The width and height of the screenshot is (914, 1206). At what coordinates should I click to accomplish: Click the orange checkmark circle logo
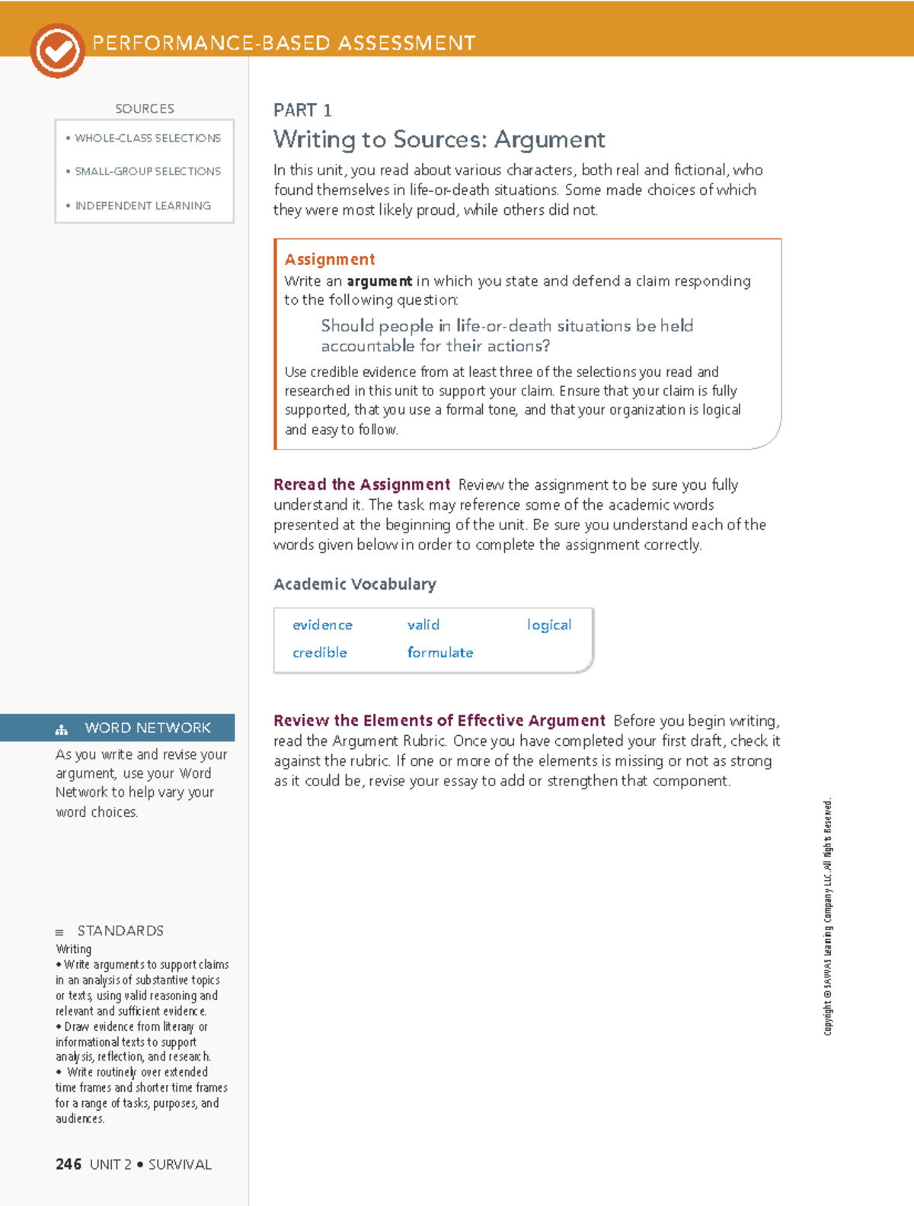[57, 51]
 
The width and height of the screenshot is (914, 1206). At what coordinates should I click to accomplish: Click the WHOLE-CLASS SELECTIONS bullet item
[147, 138]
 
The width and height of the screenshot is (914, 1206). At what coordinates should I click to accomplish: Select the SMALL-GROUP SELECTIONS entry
[147, 171]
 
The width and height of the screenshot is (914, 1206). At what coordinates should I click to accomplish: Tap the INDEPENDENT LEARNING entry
[142, 206]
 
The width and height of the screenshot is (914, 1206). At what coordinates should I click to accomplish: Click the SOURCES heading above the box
[145, 109]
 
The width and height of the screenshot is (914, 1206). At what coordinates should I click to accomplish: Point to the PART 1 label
[302, 110]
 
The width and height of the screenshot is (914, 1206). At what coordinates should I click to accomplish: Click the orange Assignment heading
[329, 260]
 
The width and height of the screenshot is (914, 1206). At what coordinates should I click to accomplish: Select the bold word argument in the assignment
[379, 281]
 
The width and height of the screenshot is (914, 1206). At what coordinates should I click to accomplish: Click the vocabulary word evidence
[322, 625]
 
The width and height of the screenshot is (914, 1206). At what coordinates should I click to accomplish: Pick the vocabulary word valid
[423, 625]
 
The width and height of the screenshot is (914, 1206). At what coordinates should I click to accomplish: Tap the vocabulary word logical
[548, 625]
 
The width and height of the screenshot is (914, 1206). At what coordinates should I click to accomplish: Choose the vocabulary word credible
[319, 653]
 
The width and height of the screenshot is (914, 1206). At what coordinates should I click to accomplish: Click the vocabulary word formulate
[439, 653]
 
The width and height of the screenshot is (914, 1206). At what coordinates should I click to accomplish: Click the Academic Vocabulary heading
[354, 584]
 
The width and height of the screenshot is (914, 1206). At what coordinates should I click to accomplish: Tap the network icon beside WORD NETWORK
[62, 730]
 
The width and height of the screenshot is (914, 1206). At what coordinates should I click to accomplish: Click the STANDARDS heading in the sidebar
[120, 931]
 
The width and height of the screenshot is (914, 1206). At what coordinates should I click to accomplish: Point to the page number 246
[68, 1164]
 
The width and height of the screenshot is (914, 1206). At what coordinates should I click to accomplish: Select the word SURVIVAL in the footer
[180, 1165]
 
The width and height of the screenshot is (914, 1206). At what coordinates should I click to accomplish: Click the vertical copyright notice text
[828, 916]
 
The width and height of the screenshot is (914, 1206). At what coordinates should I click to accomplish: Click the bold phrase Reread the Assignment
[362, 485]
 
